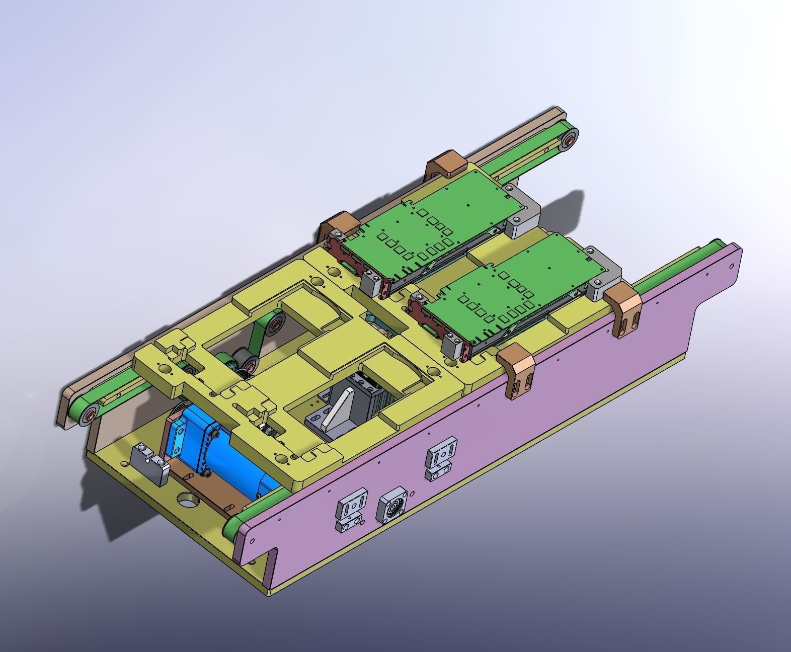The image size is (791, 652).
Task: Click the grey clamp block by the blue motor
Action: coord(150,463)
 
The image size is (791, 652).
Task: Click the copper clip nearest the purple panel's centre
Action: coord(516,369)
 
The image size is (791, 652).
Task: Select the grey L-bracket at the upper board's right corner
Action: coord(523,214)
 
